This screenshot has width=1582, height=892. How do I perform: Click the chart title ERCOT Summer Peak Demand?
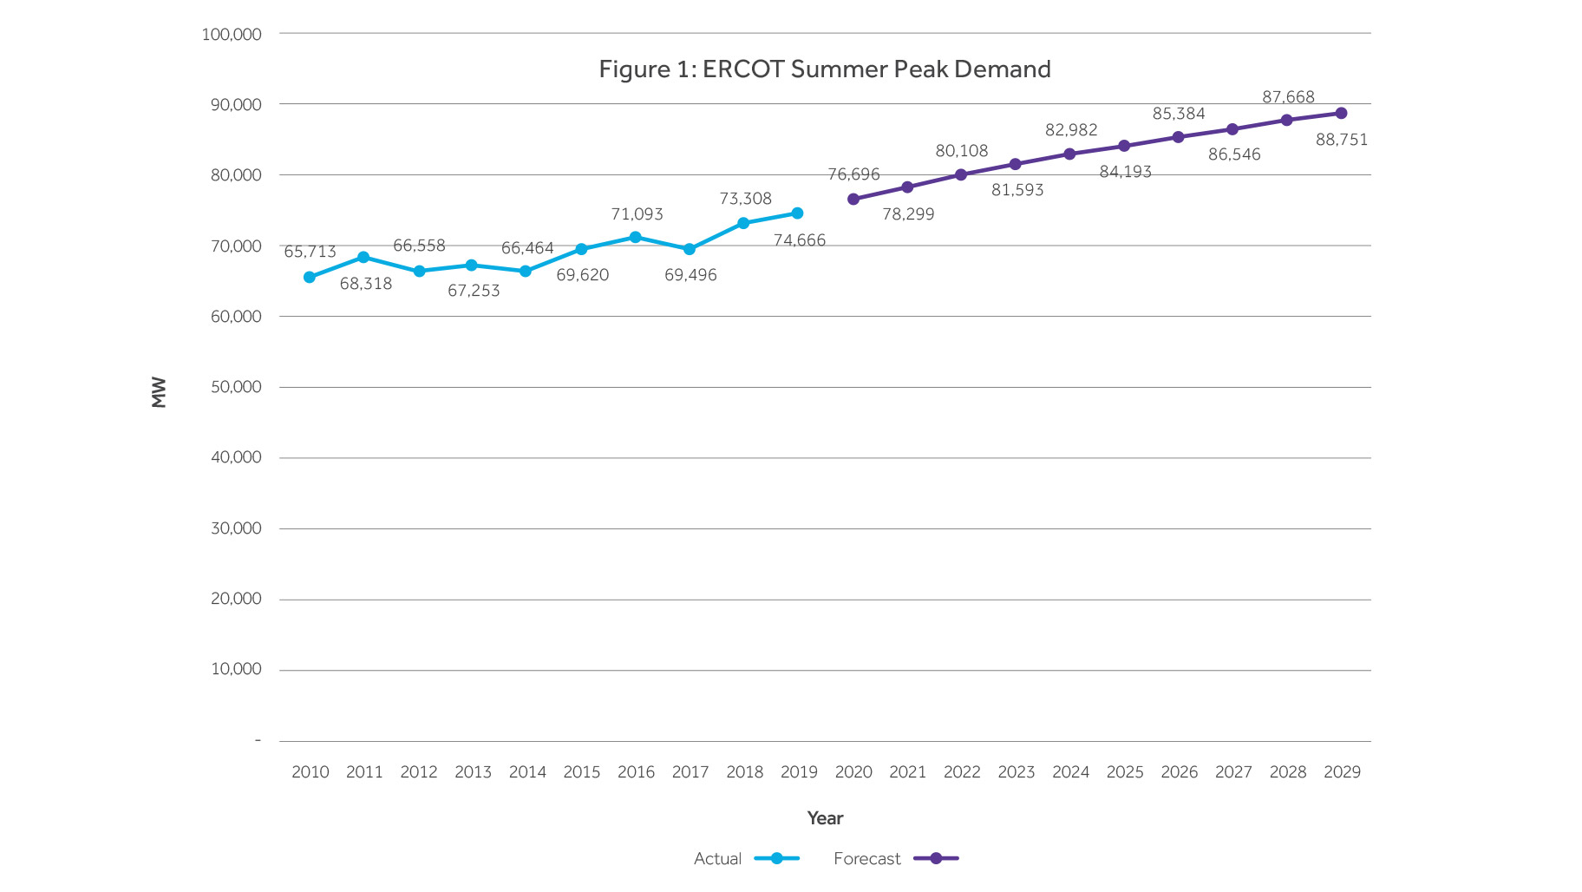[x=824, y=69]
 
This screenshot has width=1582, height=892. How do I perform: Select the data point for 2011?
[x=363, y=258]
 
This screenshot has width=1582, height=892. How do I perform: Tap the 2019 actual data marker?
[x=797, y=213]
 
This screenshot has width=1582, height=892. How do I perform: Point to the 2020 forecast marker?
[x=853, y=200]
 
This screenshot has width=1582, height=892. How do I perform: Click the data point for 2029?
[x=1341, y=114]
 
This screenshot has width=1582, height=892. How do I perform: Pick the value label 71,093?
[x=637, y=214]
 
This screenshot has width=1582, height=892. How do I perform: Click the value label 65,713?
[x=310, y=252]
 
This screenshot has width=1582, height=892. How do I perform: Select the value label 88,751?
[x=1341, y=140]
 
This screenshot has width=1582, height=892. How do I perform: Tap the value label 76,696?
[x=853, y=174]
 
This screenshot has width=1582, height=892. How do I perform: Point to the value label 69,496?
[x=690, y=275]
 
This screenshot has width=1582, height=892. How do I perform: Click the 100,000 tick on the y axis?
[x=232, y=35]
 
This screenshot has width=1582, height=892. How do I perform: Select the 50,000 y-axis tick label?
[x=236, y=387]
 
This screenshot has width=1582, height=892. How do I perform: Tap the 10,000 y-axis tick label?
[x=236, y=669]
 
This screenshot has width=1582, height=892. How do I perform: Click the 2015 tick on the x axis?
[x=581, y=772]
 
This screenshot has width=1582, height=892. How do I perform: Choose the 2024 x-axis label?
[x=1070, y=772]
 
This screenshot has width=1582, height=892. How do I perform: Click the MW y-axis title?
[x=159, y=392]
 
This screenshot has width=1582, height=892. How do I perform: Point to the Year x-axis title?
[x=825, y=818]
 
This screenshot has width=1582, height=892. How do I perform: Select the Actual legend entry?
[x=717, y=859]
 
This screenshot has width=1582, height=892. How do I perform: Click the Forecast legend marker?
[x=936, y=859]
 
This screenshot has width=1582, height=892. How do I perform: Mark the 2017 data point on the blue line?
[x=690, y=250]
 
